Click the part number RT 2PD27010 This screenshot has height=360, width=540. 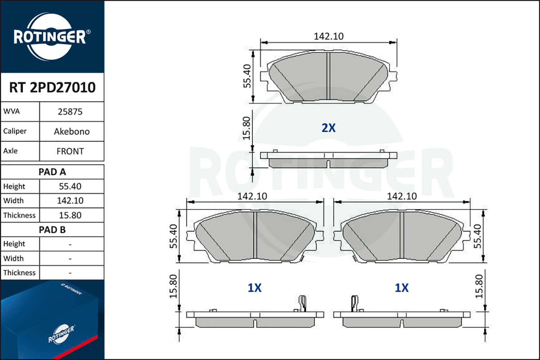point(52,87)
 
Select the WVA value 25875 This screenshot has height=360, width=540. point(70,112)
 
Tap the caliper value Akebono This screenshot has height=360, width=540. point(72,132)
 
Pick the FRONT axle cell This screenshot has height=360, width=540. point(70,152)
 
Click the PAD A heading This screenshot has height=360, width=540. point(52,172)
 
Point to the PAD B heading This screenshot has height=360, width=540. point(52,230)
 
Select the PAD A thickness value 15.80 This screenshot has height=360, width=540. point(70,215)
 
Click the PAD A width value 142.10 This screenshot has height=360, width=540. point(70,201)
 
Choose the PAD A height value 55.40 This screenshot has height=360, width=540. point(70,186)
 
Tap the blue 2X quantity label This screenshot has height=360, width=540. point(329,128)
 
